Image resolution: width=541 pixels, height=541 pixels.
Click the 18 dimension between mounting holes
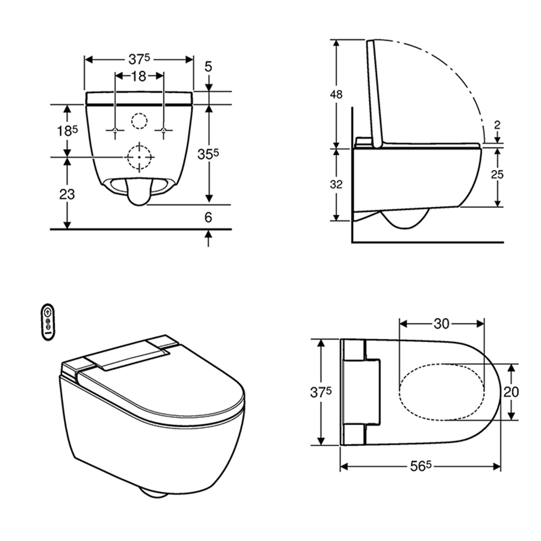(x=139, y=76)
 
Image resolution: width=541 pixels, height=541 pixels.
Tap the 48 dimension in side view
(x=336, y=95)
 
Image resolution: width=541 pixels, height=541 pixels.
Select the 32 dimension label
(x=336, y=184)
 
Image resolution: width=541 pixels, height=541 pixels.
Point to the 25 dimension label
(x=497, y=175)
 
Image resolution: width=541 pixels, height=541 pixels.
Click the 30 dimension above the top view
(x=441, y=324)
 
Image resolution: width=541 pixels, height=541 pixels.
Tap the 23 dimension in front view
(x=67, y=194)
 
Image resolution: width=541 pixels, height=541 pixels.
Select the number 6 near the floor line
(x=208, y=217)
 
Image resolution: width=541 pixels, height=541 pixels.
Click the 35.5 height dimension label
(x=208, y=154)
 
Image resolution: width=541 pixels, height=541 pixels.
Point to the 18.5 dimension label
(x=67, y=131)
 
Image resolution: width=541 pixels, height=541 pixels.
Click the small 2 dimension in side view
(x=497, y=125)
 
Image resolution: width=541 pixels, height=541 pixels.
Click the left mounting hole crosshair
(x=115, y=130)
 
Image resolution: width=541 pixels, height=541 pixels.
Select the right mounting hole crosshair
(x=164, y=130)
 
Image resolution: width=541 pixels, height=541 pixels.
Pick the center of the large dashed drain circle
(x=139, y=157)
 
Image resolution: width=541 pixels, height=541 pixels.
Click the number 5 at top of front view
(x=208, y=67)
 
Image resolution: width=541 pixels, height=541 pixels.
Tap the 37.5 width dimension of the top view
(x=321, y=392)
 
